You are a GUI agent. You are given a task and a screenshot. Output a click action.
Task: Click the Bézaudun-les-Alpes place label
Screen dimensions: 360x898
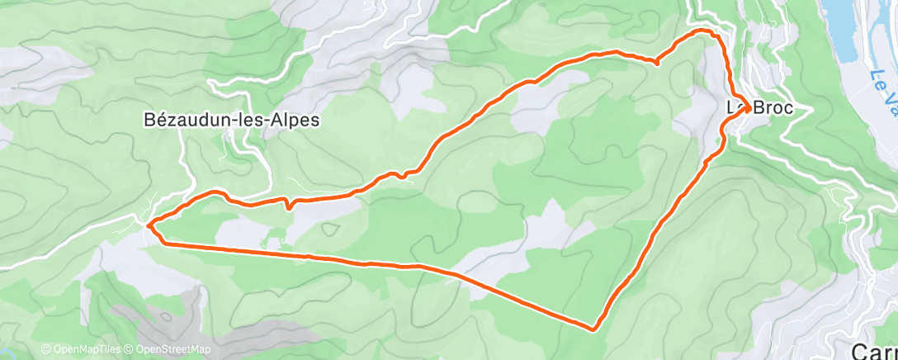tap(232, 120)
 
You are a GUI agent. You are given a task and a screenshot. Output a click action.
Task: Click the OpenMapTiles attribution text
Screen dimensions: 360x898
tap(83, 350)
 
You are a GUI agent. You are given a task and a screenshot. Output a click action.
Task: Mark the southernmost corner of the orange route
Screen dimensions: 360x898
tap(594, 329)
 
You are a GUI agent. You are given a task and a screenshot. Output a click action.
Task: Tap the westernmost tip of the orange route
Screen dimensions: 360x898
tap(148, 224)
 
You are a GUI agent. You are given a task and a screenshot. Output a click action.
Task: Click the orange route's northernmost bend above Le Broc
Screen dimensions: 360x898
tap(706, 31)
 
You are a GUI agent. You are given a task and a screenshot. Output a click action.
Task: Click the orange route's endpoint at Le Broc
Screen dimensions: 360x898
tap(748, 106)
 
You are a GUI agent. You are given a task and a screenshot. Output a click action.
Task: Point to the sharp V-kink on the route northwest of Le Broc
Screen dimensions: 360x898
tap(656, 62)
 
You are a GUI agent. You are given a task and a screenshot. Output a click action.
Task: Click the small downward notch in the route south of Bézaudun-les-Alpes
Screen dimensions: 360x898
tap(288, 207)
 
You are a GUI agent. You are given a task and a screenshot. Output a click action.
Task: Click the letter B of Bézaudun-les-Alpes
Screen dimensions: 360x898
tap(149, 120)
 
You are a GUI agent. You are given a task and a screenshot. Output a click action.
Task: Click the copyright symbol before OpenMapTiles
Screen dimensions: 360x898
tap(45, 350)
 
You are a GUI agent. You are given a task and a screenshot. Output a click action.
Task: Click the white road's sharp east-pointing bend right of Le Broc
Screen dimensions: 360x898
tap(812, 108)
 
